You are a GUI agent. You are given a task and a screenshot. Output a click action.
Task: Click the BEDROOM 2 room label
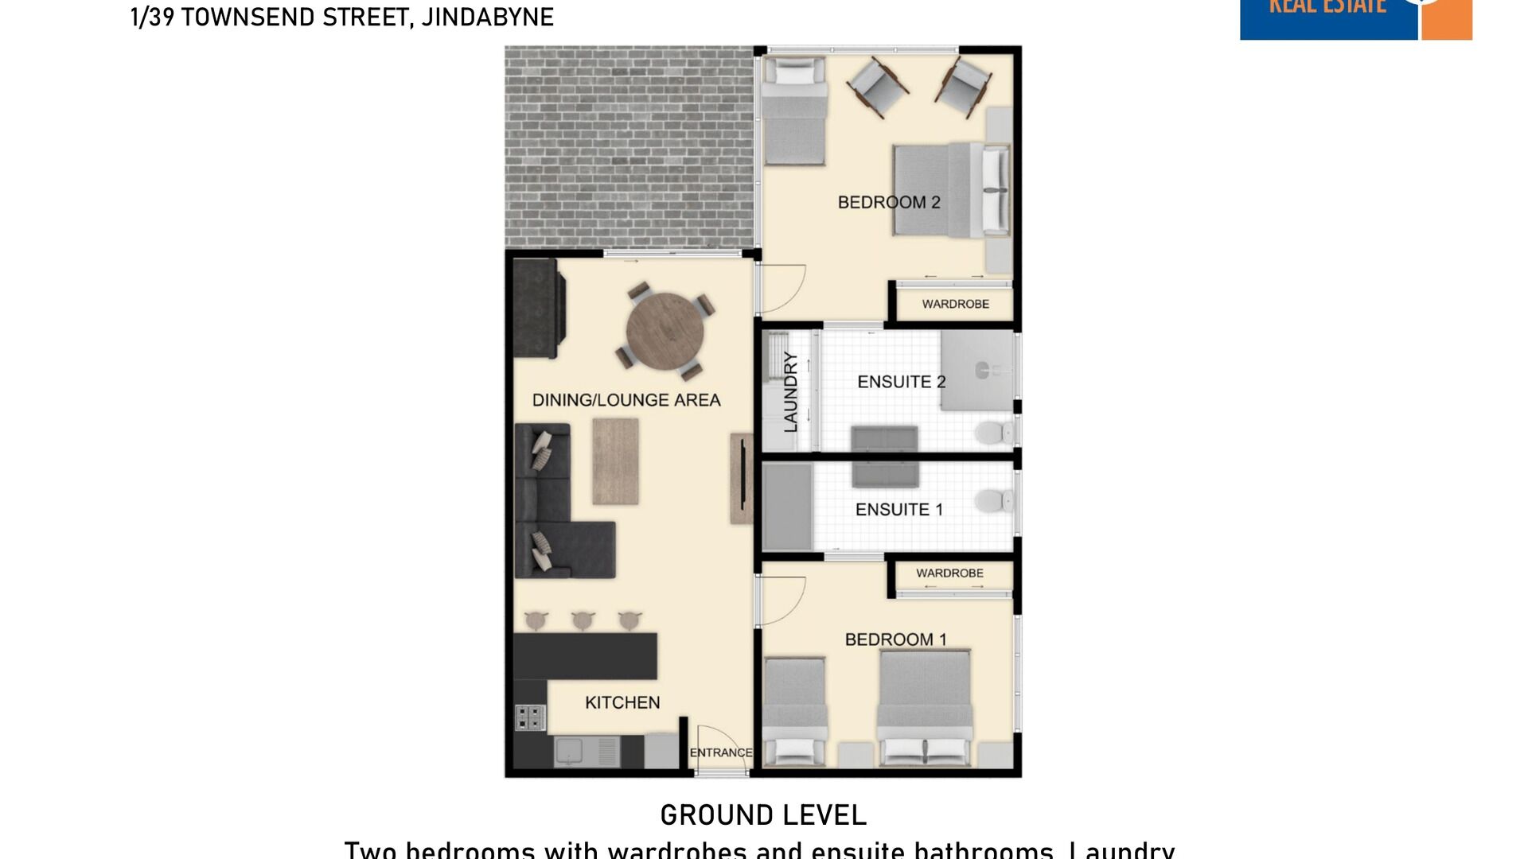click(x=889, y=202)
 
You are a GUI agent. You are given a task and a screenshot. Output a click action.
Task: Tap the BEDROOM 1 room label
click(x=895, y=639)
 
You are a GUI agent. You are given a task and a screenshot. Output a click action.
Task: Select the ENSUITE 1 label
click(x=899, y=509)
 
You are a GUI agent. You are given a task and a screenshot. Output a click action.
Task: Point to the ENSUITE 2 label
click(x=901, y=382)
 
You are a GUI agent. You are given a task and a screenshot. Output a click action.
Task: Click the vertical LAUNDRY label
click(x=790, y=392)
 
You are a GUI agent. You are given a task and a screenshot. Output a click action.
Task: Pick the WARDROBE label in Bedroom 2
click(x=955, y=304)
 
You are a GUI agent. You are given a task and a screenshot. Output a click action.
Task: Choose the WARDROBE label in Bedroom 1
click(x=949, y=573)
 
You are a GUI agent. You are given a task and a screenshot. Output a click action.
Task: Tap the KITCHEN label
click(x=622, y=702)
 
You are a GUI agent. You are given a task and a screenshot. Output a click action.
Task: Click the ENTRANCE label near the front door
click(x=720, y=752)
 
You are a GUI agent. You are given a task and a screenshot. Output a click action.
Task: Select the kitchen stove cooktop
click(x=530, y=717)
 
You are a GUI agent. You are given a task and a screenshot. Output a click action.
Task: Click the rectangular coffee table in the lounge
click(x=615, y=461)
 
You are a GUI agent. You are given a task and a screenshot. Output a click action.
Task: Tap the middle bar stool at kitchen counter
click(x=583, y=619)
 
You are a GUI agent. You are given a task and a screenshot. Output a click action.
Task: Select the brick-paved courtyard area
click(x=629, y=147)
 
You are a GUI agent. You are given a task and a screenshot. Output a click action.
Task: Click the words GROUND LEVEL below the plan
click(x=762, y=815)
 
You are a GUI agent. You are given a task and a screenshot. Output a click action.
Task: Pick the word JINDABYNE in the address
click(x=487, y=17)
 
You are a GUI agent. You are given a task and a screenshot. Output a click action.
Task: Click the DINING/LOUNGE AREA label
click(x=626, y=400)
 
